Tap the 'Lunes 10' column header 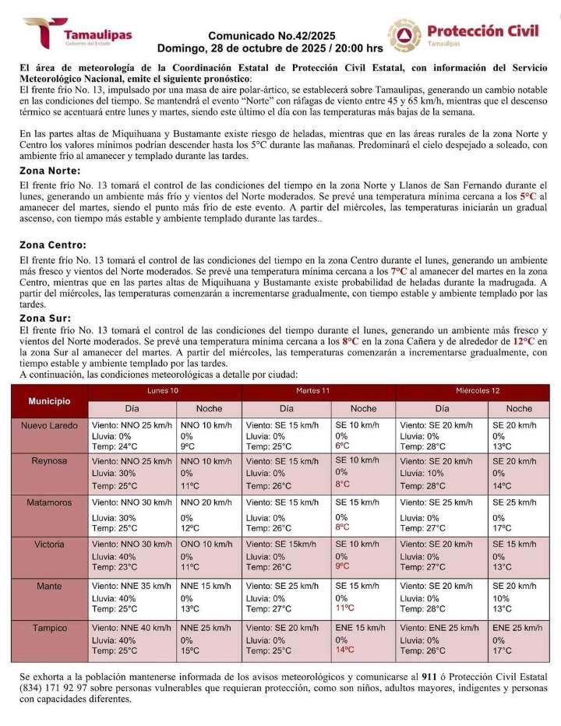[x=163, y=389]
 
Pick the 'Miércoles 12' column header [x=478, y=389]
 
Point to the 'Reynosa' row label [x=49, y=461]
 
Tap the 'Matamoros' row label [x=49, y=503]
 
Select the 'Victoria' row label [x=49, y=544]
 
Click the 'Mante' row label [x=49, y=586]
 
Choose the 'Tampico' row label [x=49, y=628]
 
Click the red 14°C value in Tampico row [x=345, y=649]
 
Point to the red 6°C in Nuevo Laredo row [x=342, y=446]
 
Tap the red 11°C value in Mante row [x=345, y=608]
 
